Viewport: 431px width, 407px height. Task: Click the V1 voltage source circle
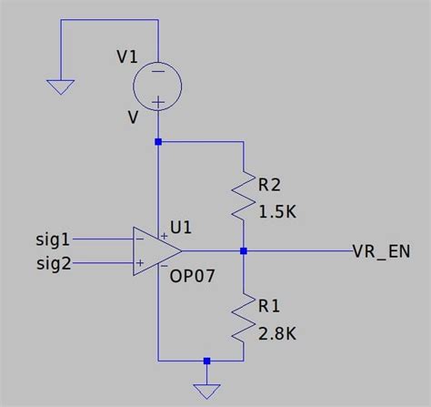(158, 86)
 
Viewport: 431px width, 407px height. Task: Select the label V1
(128, 57)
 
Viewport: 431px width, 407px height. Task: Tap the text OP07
(193, 274)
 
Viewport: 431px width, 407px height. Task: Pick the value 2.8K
(279, 333)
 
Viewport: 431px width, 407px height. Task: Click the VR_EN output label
(383, 250)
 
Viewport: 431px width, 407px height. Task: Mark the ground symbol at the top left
(60, 87)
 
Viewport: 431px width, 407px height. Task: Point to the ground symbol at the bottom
(207, 391)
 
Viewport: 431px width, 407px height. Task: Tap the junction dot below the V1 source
(158, 142)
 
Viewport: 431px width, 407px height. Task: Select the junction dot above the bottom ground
(207, 361)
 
